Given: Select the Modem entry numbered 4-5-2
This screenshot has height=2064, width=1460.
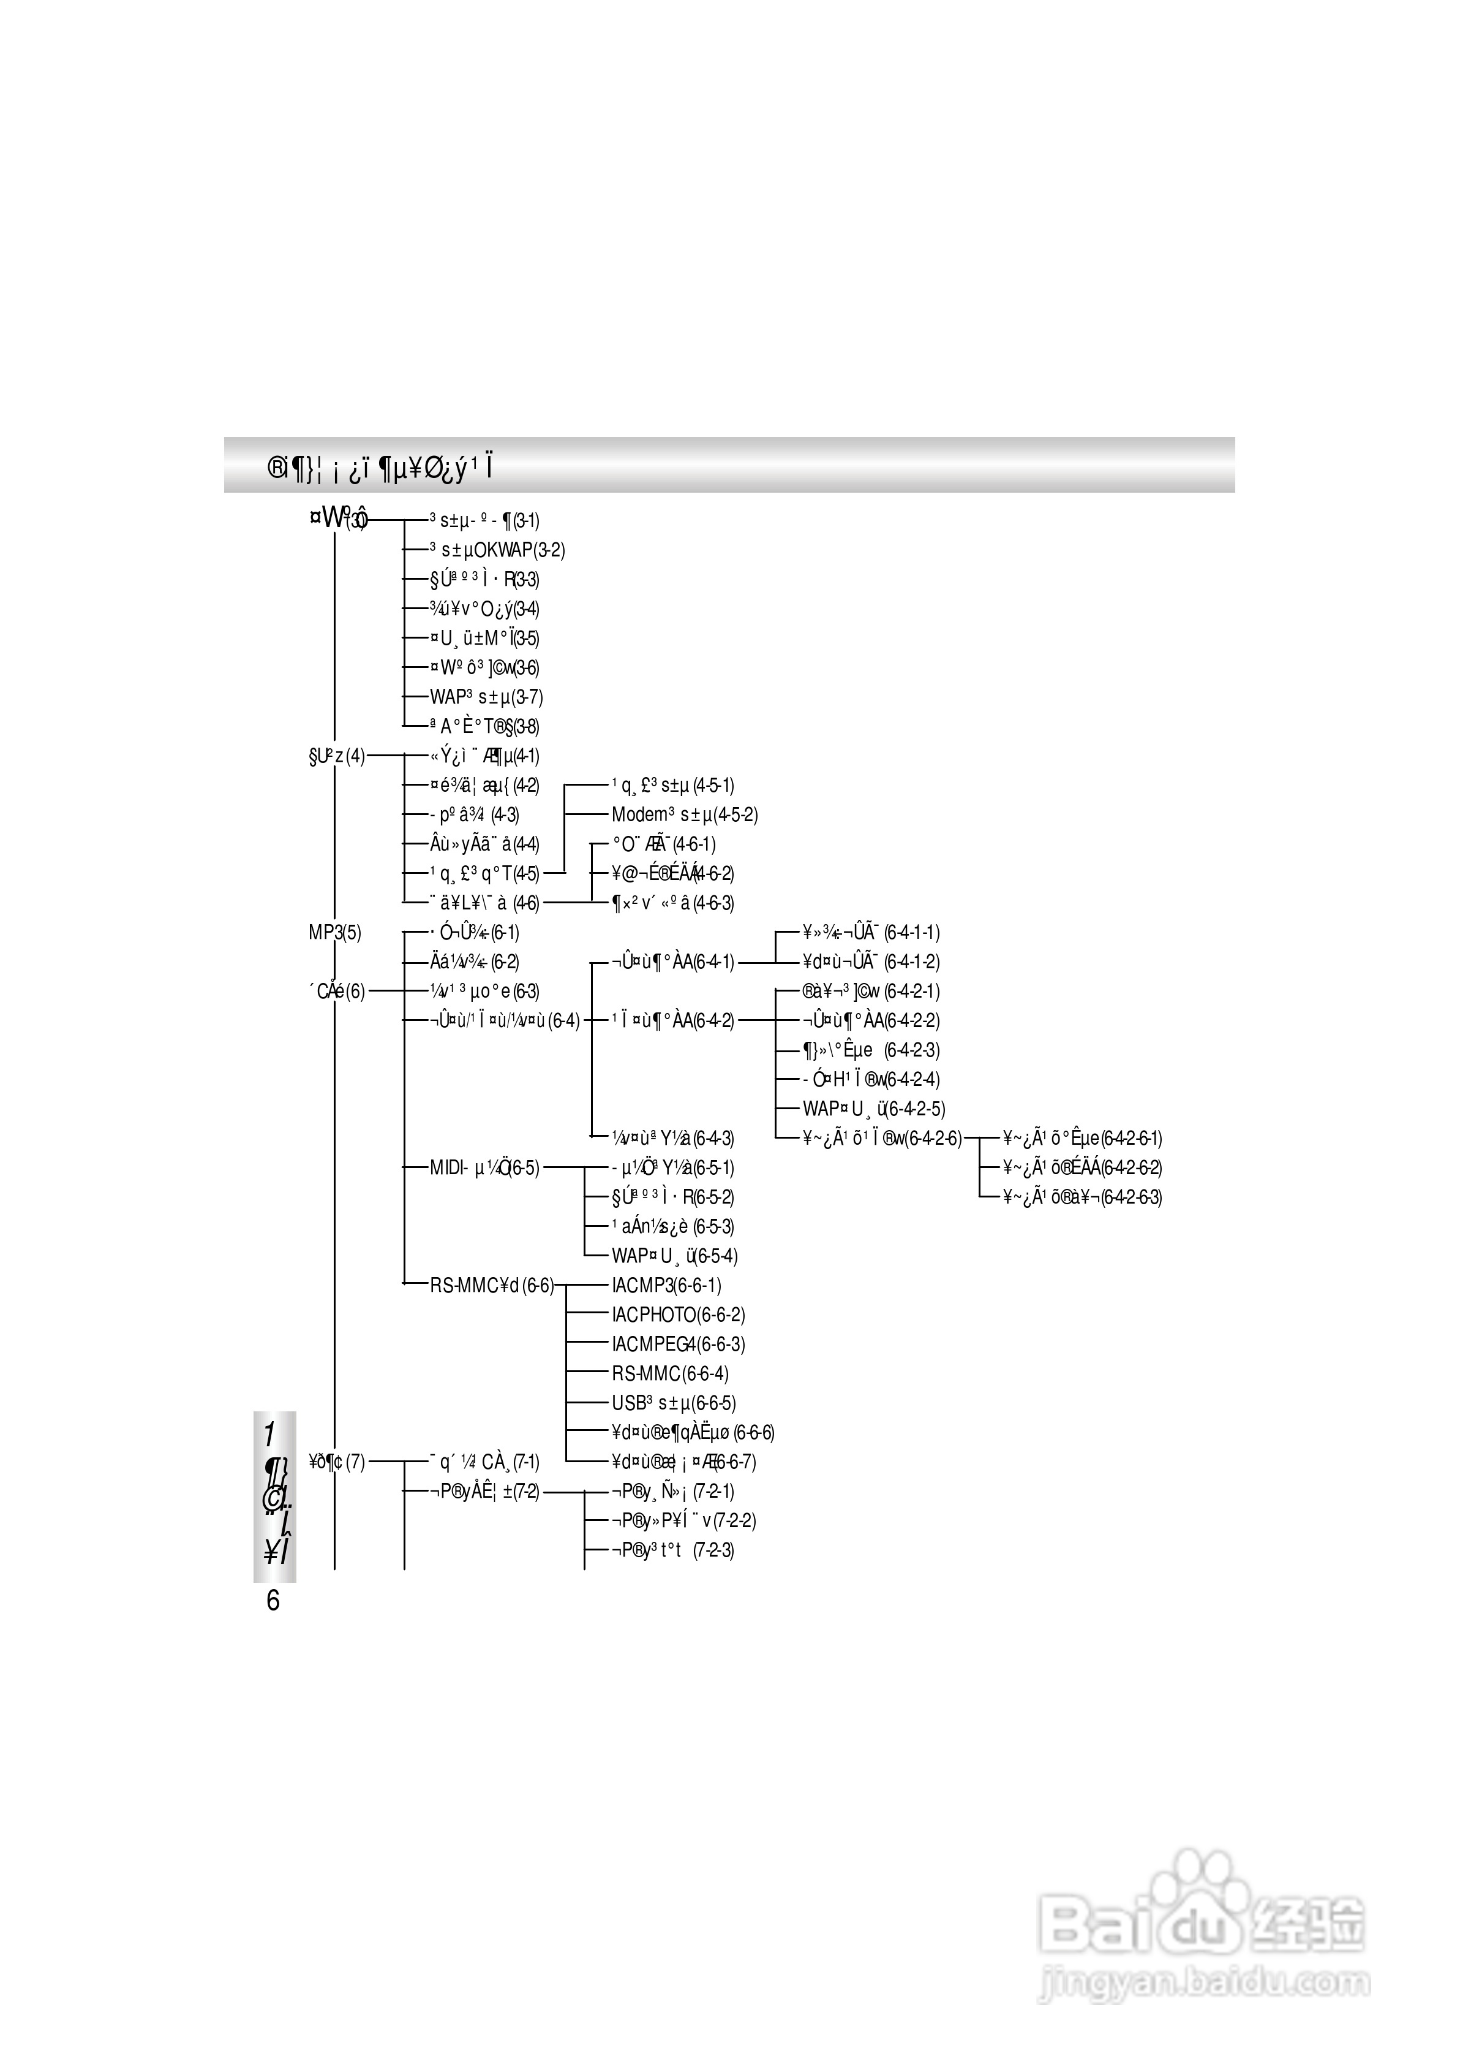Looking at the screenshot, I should tap(684, 815).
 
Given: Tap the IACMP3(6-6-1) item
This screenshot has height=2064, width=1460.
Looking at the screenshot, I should tap(666, 1285).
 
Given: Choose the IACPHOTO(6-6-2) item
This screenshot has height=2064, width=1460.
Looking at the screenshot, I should tap(678, 1315).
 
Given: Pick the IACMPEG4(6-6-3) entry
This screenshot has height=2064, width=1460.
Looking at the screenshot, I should tap(678, 1345).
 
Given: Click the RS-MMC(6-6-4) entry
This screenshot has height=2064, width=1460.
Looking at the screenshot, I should tap(670, 1374).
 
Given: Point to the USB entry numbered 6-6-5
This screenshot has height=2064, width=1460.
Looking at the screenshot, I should tap(674, 1403).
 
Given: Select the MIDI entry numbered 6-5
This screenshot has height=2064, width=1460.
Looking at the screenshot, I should tap(484, 1168).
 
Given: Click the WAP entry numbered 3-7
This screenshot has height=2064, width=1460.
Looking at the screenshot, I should tap(486, 697).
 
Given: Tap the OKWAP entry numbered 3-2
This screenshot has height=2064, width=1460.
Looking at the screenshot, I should tap(496, 550).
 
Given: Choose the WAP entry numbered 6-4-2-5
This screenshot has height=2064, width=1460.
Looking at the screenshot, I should tap(874, 1109).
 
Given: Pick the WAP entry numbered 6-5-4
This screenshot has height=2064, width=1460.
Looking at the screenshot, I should tap(674, 1256).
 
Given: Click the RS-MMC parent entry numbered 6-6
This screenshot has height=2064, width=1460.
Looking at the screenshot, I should tap(492, 1285).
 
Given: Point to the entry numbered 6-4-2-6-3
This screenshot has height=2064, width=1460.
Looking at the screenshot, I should tap(1082, 1197).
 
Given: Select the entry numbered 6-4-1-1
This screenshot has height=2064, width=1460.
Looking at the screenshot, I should tap(870, 933).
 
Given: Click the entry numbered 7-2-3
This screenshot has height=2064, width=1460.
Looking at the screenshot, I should tap(672, 1550).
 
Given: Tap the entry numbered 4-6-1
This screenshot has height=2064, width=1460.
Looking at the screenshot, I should tap(663, 844).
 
